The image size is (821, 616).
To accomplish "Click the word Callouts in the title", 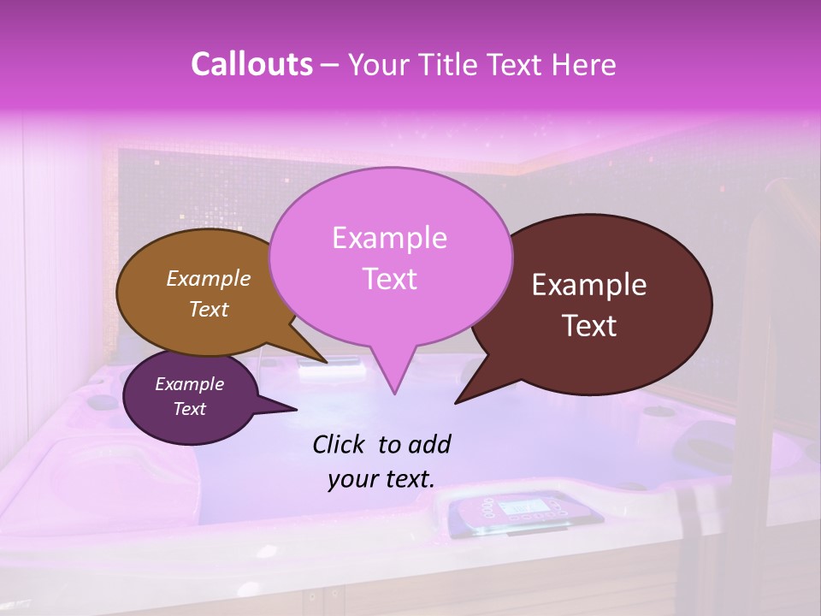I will [x=251, y=65].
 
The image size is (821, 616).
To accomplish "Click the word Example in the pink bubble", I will [x=389, y=238].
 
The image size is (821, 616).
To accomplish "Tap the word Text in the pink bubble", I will [x=389, y=279].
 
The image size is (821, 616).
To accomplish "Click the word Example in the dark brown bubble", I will [x=589, y=285].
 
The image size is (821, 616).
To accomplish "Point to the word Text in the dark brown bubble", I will [x=589, y=326].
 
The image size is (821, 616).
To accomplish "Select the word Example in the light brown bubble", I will [x=208, y=279].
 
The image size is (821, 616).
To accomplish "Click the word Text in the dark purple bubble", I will [x=189, y=409].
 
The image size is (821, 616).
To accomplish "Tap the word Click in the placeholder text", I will [x=340, y=444].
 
